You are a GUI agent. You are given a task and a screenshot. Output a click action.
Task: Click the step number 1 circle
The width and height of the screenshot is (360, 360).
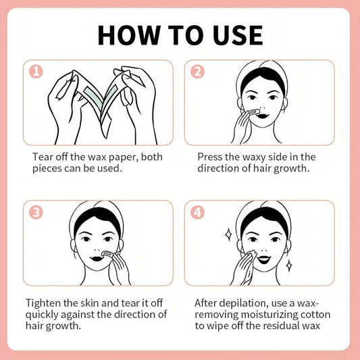coord(36,72)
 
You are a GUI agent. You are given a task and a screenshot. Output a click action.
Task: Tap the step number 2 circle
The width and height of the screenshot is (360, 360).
coord(197,72)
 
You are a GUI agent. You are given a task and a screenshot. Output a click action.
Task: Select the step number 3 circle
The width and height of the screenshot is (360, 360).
coord(36,212)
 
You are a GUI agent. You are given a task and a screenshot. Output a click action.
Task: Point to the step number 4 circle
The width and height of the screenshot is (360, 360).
coord(197,212)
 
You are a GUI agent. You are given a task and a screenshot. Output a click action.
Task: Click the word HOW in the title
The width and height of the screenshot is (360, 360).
coord(129,35)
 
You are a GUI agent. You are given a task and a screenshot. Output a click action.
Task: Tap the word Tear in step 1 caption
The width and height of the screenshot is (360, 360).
coord(41,157)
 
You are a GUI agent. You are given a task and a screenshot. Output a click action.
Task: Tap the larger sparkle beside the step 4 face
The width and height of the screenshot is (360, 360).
coord(228,234)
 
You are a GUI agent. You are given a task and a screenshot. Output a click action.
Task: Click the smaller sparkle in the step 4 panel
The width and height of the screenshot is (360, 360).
coord(289,266)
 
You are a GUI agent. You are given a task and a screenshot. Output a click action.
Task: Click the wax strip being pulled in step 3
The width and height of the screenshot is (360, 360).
coord(107,254)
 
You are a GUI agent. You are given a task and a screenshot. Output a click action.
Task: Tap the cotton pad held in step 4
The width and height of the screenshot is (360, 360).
coord(251,255)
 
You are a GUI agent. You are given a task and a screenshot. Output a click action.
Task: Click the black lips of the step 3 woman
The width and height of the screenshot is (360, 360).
coord(97,258)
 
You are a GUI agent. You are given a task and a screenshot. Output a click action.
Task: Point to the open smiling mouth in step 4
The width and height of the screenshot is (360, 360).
coord(264,259)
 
